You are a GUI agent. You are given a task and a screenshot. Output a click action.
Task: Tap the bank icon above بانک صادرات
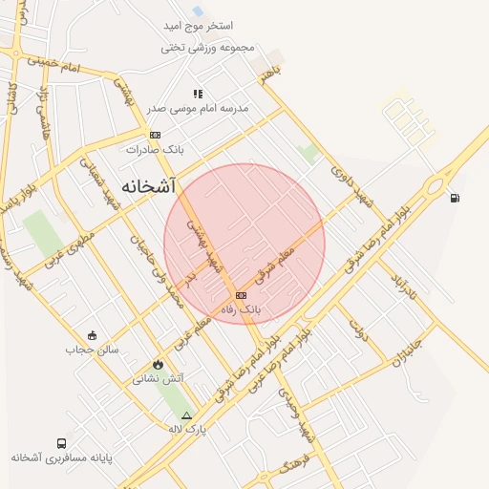[156, 135]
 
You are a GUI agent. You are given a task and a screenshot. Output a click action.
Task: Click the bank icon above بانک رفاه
[241, 295]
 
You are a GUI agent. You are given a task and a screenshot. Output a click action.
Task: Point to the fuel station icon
[454, 198]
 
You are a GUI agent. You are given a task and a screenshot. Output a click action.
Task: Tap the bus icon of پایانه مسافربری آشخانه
[62, 443]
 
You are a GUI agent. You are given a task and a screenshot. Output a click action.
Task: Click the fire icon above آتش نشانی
[158, 365]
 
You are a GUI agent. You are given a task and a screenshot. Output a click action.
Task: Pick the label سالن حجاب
[92, 349]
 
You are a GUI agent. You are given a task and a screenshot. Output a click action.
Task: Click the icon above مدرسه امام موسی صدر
[198, 94]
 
